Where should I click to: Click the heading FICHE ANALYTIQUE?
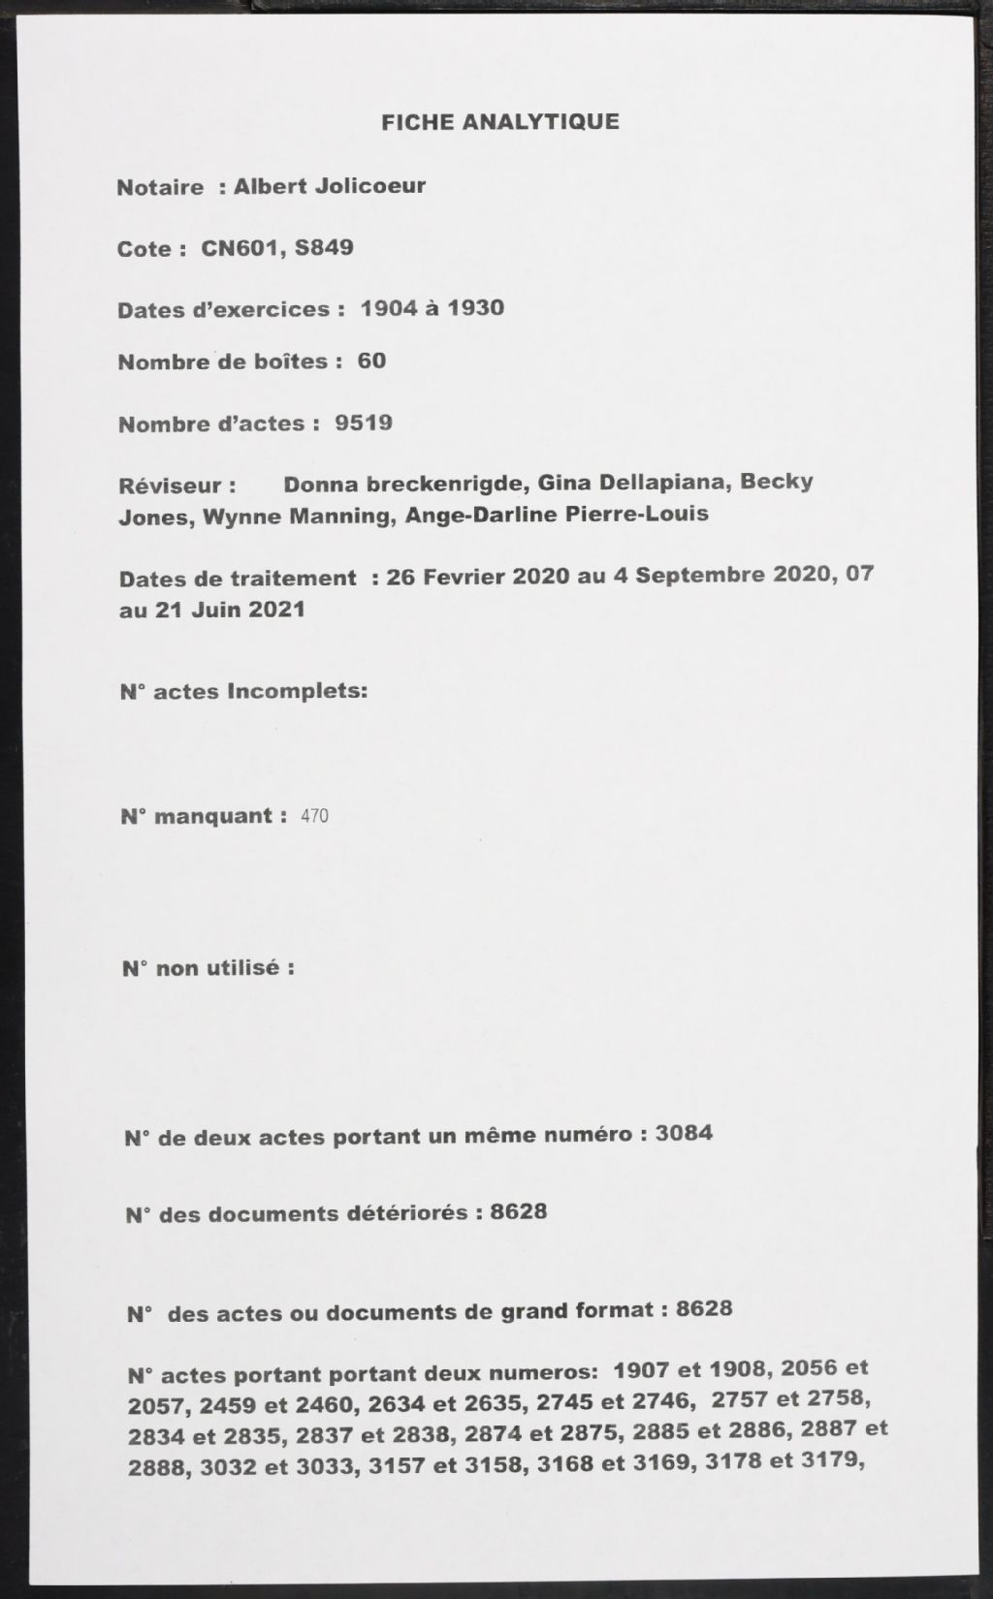click(x=499, y=122)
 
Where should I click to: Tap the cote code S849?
click(x=324, y=247)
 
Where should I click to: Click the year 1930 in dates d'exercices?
click(x=474, y=308)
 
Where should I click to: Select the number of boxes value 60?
click(x=371, y=361)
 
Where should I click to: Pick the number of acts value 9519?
click(x=363, y=423)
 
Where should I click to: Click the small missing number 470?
click(x=314, y=817)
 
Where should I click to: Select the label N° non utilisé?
click(x=208, y=968)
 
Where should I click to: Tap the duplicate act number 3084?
click(x=684, y=1133)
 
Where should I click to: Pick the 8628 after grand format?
click(x=704, y=1309)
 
